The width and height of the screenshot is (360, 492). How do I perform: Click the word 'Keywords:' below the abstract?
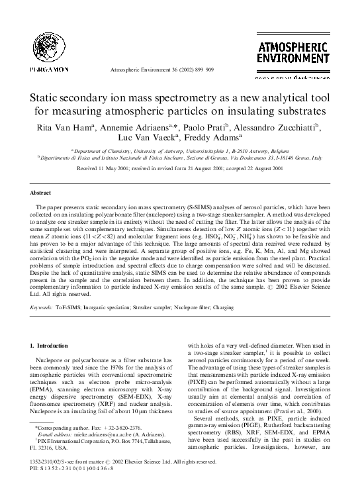[x=43, y=308]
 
